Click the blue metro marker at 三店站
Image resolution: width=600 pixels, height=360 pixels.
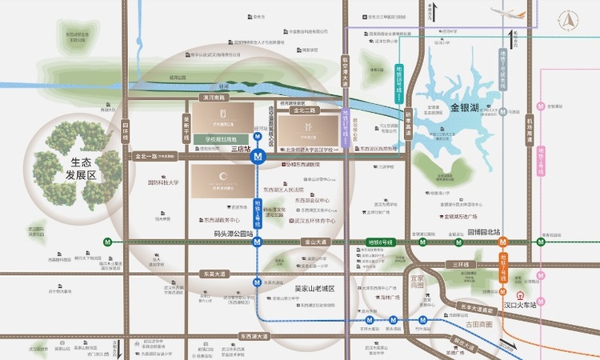point(257,158)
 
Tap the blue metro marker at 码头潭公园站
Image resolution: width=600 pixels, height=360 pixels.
point(257,241)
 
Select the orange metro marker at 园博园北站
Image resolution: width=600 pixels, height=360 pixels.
point(504,241)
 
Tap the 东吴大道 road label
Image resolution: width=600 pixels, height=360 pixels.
point(217,274)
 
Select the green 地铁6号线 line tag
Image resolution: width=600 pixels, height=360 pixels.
point(381,241)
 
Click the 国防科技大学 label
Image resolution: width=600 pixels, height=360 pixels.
point(163,182)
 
